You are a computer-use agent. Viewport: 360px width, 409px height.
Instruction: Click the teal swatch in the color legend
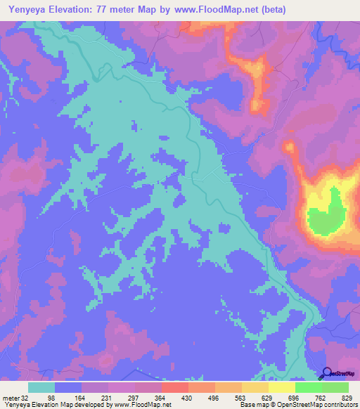click(41, 387)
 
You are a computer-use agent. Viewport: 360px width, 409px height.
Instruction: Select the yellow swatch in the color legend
click(281, 387)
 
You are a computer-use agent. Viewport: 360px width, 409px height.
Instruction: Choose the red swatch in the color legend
click(174, 387)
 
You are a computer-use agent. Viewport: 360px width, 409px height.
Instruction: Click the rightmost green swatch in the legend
click(335, 387)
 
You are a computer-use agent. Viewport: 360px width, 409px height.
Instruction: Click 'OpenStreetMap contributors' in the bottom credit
click(319, 405)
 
